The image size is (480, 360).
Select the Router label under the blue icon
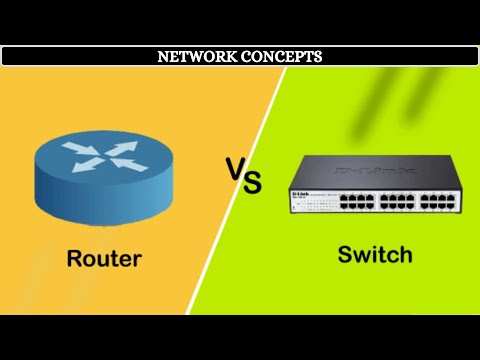tap(104, 258)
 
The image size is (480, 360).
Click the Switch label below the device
tap(374, 254)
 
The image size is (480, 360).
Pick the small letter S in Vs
tap(252, 183)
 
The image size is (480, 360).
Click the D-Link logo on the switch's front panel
tap(299, 190)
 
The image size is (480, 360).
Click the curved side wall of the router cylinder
tap(100, 200)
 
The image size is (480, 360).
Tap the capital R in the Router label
tap(75, 258)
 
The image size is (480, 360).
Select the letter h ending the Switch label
tap(405, 254)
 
